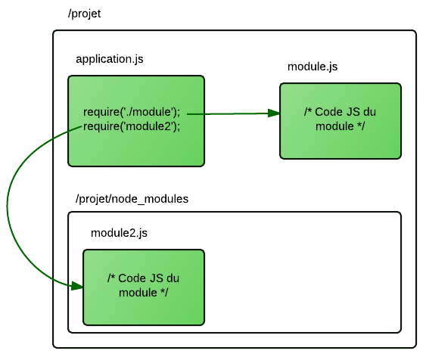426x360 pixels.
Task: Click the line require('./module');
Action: (x=132, y=112)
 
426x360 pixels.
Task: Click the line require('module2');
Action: (x=132, y=126)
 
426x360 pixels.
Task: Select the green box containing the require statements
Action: (x=136, y=151)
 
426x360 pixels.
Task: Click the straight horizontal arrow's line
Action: (x=227, y=113)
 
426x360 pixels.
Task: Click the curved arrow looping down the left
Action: (x=8, y=204)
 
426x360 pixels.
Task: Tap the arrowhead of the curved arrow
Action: (x=76, y=286)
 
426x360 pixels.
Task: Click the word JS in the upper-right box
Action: (x=352, y=112)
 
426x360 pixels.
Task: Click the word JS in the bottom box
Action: (x=155, y=278)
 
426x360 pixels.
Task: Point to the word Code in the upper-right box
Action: (x=328, y=112)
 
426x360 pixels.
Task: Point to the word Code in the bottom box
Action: (x=131, y=278)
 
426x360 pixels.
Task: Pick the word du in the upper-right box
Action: (x=369, y=112)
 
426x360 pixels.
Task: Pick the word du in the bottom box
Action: (x=173, y=278)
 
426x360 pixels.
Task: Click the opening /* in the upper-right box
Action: (x=308, y=112)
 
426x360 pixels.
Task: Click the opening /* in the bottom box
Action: (x=111, y=278)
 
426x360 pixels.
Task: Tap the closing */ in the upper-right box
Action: (x=360, y=126)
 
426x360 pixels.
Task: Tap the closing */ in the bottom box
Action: (x=163, y=292)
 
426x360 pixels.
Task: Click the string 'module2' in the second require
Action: (x=150, y=126)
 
